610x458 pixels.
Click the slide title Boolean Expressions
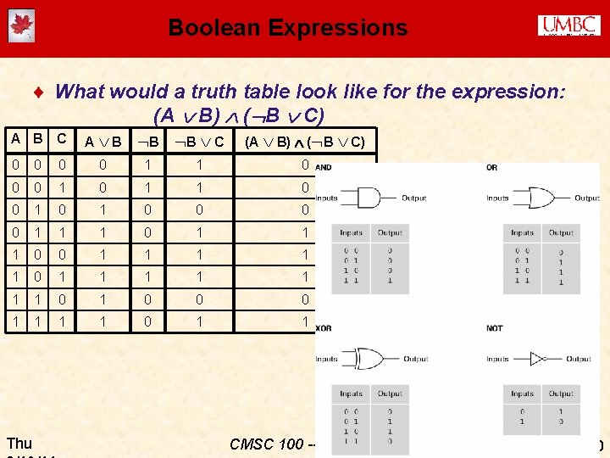288,28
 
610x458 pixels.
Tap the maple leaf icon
20,26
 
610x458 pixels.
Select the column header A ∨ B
103,142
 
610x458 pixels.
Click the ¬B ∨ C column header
193,142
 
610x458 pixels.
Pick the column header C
61,139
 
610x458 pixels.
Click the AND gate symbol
370,198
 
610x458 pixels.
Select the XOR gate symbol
371,359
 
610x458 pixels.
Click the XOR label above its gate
324,328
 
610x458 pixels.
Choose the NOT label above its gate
495,328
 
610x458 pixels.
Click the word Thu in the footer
19,443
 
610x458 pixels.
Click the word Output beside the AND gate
414,198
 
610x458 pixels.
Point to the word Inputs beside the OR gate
500,198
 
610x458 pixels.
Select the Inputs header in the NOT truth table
522,394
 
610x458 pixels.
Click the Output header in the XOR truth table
390,394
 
